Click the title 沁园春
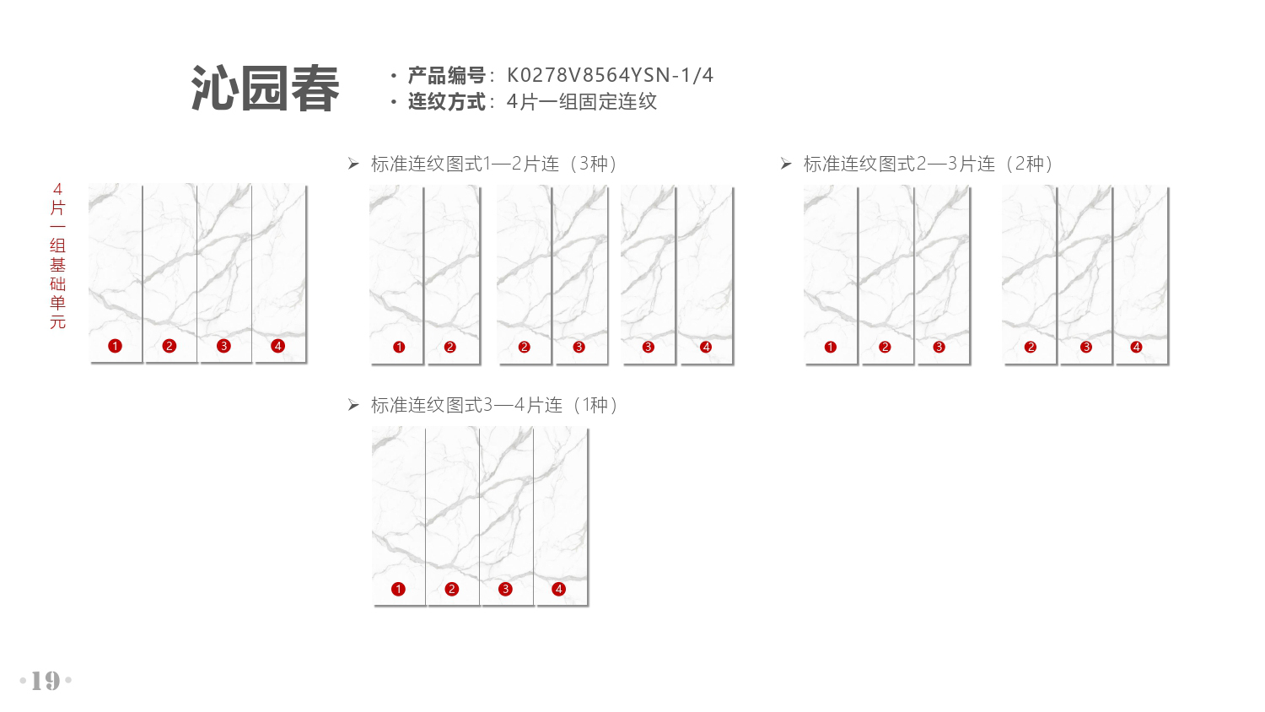[x=266, y=88]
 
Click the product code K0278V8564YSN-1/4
[x=610, y=75]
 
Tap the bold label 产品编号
[x=447, y=75]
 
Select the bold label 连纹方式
[x=447, y=102]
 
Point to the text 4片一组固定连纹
[x=582, y=102]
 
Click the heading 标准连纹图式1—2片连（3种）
[x=493, y=164]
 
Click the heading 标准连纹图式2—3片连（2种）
[x=928, y=164]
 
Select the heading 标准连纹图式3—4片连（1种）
[x=493, y=405]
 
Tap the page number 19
[x=46, y=680]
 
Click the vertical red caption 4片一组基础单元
[x=57, y=256]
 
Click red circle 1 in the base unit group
[x=116, y=346]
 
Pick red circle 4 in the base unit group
[x=277, y=346]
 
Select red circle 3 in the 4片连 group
[x=505, y=590]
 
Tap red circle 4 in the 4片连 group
[x=558, y=590]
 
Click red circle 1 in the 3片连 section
[x=830, y=347]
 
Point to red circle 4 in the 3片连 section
[x=1136, y=347]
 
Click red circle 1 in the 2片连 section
[x=399, y=347]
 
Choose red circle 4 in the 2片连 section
[x=706, y=347]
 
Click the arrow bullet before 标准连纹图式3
[x=353, y=405]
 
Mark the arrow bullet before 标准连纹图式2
[x=786, y=164]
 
